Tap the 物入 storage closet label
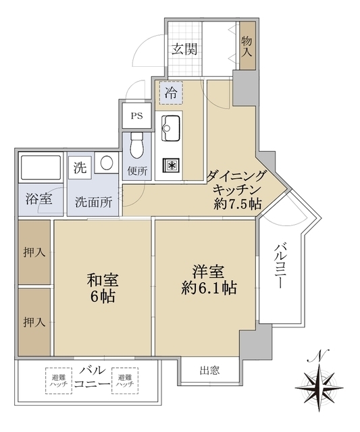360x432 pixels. click(x=247, y=47)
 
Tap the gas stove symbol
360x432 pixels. click(x=171, y=165)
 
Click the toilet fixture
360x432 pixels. click(x=137, y=144)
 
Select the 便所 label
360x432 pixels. click(x=137, y=171)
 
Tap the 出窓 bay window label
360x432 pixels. click(x=209, y=370)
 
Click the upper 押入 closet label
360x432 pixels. click(x=34, y=252)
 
